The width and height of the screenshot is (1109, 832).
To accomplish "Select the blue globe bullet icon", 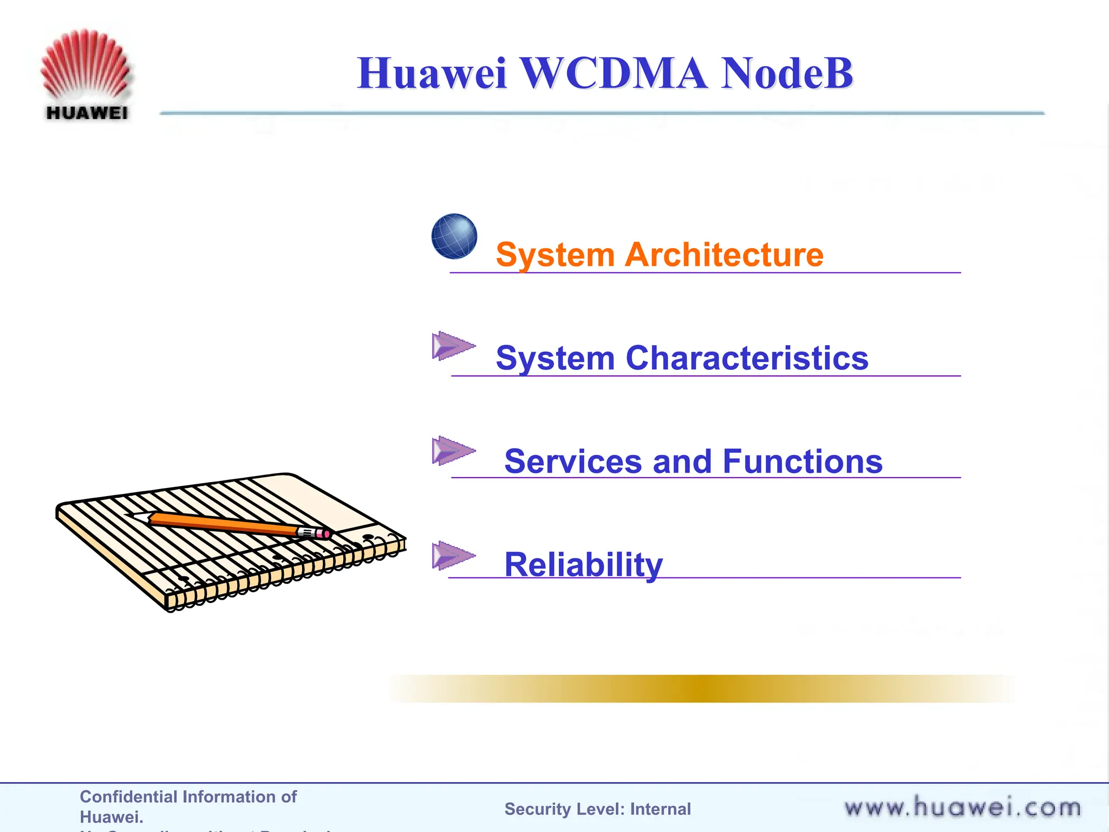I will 454,236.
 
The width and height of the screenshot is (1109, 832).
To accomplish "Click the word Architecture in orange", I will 724,255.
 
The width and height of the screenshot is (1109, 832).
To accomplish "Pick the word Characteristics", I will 747,358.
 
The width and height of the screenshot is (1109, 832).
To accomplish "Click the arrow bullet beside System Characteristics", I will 453,346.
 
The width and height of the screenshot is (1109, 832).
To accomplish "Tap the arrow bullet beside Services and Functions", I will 453,450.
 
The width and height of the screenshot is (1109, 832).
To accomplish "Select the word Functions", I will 803,461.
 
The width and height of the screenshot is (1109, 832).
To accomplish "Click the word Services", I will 573,461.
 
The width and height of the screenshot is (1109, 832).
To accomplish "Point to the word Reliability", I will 583,564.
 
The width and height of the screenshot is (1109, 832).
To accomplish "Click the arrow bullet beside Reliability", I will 453,555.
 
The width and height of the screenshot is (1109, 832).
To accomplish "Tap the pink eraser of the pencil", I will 324,534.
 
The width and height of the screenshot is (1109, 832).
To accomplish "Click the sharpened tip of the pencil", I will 135,516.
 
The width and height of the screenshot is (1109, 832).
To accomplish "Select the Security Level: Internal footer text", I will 597,809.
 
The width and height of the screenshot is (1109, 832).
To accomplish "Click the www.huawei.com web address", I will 962,808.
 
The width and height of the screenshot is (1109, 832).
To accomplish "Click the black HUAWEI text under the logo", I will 87,113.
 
